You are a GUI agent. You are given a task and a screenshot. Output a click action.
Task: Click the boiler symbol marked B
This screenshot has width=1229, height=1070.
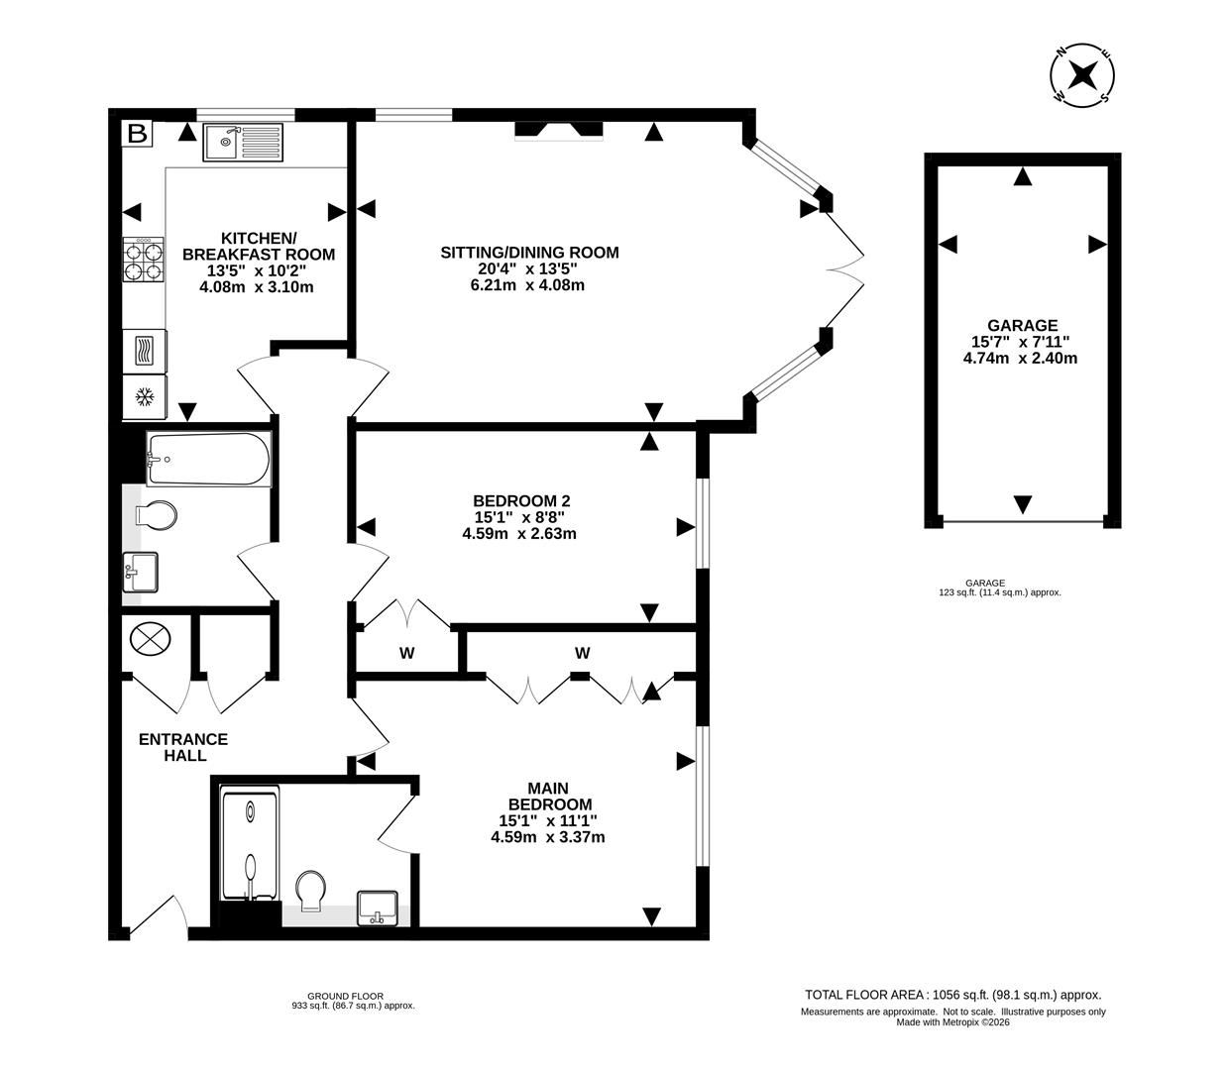click(x=137, y=133)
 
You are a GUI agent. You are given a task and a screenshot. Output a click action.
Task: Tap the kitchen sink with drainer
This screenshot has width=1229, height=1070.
click(x=242, y=143)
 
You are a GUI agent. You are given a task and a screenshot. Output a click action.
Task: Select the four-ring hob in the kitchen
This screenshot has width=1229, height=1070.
click(x=144, y=260)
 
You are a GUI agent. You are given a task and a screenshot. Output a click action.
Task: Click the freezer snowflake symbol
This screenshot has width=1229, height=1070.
click(x=145, y=397)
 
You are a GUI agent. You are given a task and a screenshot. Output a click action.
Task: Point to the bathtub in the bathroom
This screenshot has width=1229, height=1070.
click(x=208, y=459)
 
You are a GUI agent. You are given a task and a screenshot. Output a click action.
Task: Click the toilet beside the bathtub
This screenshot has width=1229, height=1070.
click(x=156, y=516)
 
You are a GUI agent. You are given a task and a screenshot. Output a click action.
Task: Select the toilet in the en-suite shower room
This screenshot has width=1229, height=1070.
click(x=311, y=889)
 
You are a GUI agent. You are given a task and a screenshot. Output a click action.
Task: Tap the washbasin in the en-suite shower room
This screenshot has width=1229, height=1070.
click(x=377, y=907)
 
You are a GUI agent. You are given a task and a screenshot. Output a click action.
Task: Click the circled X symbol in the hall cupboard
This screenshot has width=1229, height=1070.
click(x=150, y=638)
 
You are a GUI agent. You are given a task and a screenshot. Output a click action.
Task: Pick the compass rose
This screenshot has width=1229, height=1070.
click(x=1082, y=75)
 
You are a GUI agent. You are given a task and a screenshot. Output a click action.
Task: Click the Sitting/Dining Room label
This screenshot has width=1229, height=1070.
click(x=529, y=253)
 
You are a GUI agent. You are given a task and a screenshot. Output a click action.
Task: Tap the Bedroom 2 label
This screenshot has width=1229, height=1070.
click(x=521, y=501)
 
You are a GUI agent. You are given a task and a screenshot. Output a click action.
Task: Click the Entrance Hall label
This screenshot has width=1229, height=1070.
click(x=183, y=747)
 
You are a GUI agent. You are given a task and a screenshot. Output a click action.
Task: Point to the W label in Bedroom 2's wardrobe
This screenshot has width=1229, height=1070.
click(x=406, y=653)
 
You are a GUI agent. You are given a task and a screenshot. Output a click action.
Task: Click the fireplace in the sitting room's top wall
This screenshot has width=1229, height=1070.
click(x=558, y=130)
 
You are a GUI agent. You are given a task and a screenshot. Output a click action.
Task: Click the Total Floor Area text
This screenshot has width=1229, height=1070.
click(x=952, y=995)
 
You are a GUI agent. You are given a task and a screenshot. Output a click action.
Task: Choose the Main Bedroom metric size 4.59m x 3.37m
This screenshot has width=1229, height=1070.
click(x=548, y=836)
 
